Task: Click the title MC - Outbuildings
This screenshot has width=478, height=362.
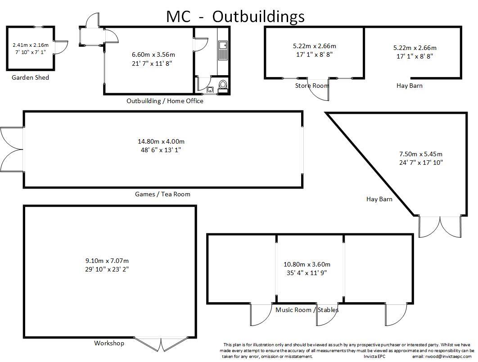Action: pos(235,17)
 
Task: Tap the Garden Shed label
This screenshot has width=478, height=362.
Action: pos(30,77)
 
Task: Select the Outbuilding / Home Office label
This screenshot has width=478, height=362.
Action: pos(165,101)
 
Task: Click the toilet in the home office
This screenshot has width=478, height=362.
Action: pos(223,86)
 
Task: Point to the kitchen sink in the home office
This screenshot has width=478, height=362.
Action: pos(223,50)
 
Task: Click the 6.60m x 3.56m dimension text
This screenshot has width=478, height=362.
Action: pos(153,54)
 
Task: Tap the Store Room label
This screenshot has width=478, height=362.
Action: pos(311,86)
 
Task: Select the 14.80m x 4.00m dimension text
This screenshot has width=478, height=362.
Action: pos(161,141)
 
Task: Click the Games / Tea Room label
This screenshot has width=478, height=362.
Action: pos(162,194)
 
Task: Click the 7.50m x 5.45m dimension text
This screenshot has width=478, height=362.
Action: pos(421,154)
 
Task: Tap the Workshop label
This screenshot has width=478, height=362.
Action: pos(109,343)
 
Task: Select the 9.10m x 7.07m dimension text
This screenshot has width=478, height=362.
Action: pos(107,261)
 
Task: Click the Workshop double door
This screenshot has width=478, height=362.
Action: pos(161,344)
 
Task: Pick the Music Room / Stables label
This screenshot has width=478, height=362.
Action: pos(307,310)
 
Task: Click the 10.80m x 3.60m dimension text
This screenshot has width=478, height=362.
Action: pos(307,264)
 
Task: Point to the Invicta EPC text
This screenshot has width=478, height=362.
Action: pos(374,357)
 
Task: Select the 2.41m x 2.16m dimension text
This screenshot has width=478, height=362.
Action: pos(31,45)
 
